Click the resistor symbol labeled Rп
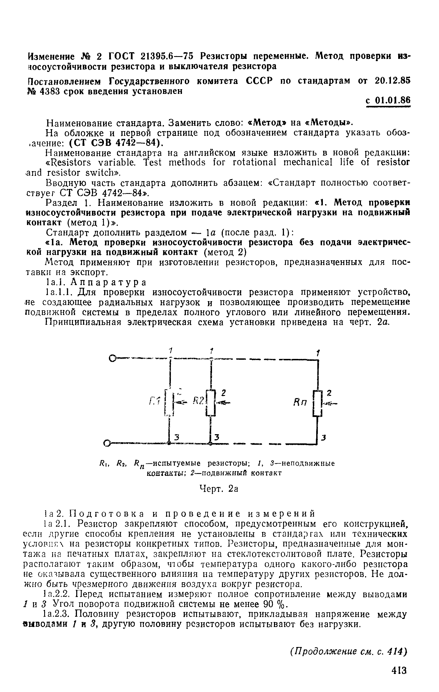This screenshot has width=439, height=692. [317, 403]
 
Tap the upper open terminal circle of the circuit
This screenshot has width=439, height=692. [113, 358]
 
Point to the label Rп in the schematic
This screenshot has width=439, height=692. [301, 403]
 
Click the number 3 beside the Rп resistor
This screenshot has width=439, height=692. [323, 438]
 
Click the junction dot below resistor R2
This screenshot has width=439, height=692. [211, 444]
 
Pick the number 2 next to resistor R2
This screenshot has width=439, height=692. [224, 393]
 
